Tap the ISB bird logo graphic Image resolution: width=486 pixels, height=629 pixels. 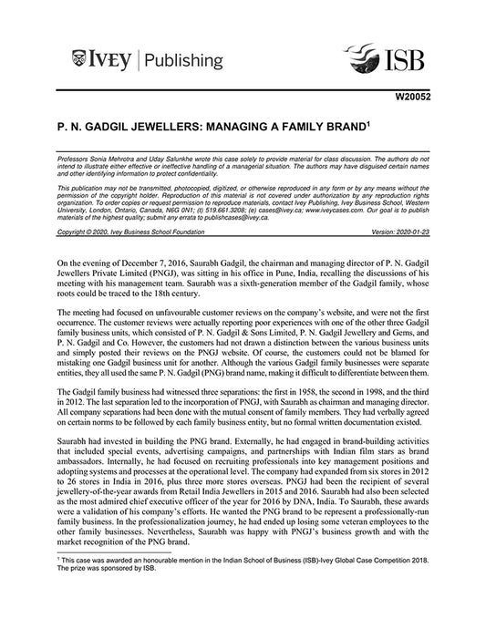point(365,62)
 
